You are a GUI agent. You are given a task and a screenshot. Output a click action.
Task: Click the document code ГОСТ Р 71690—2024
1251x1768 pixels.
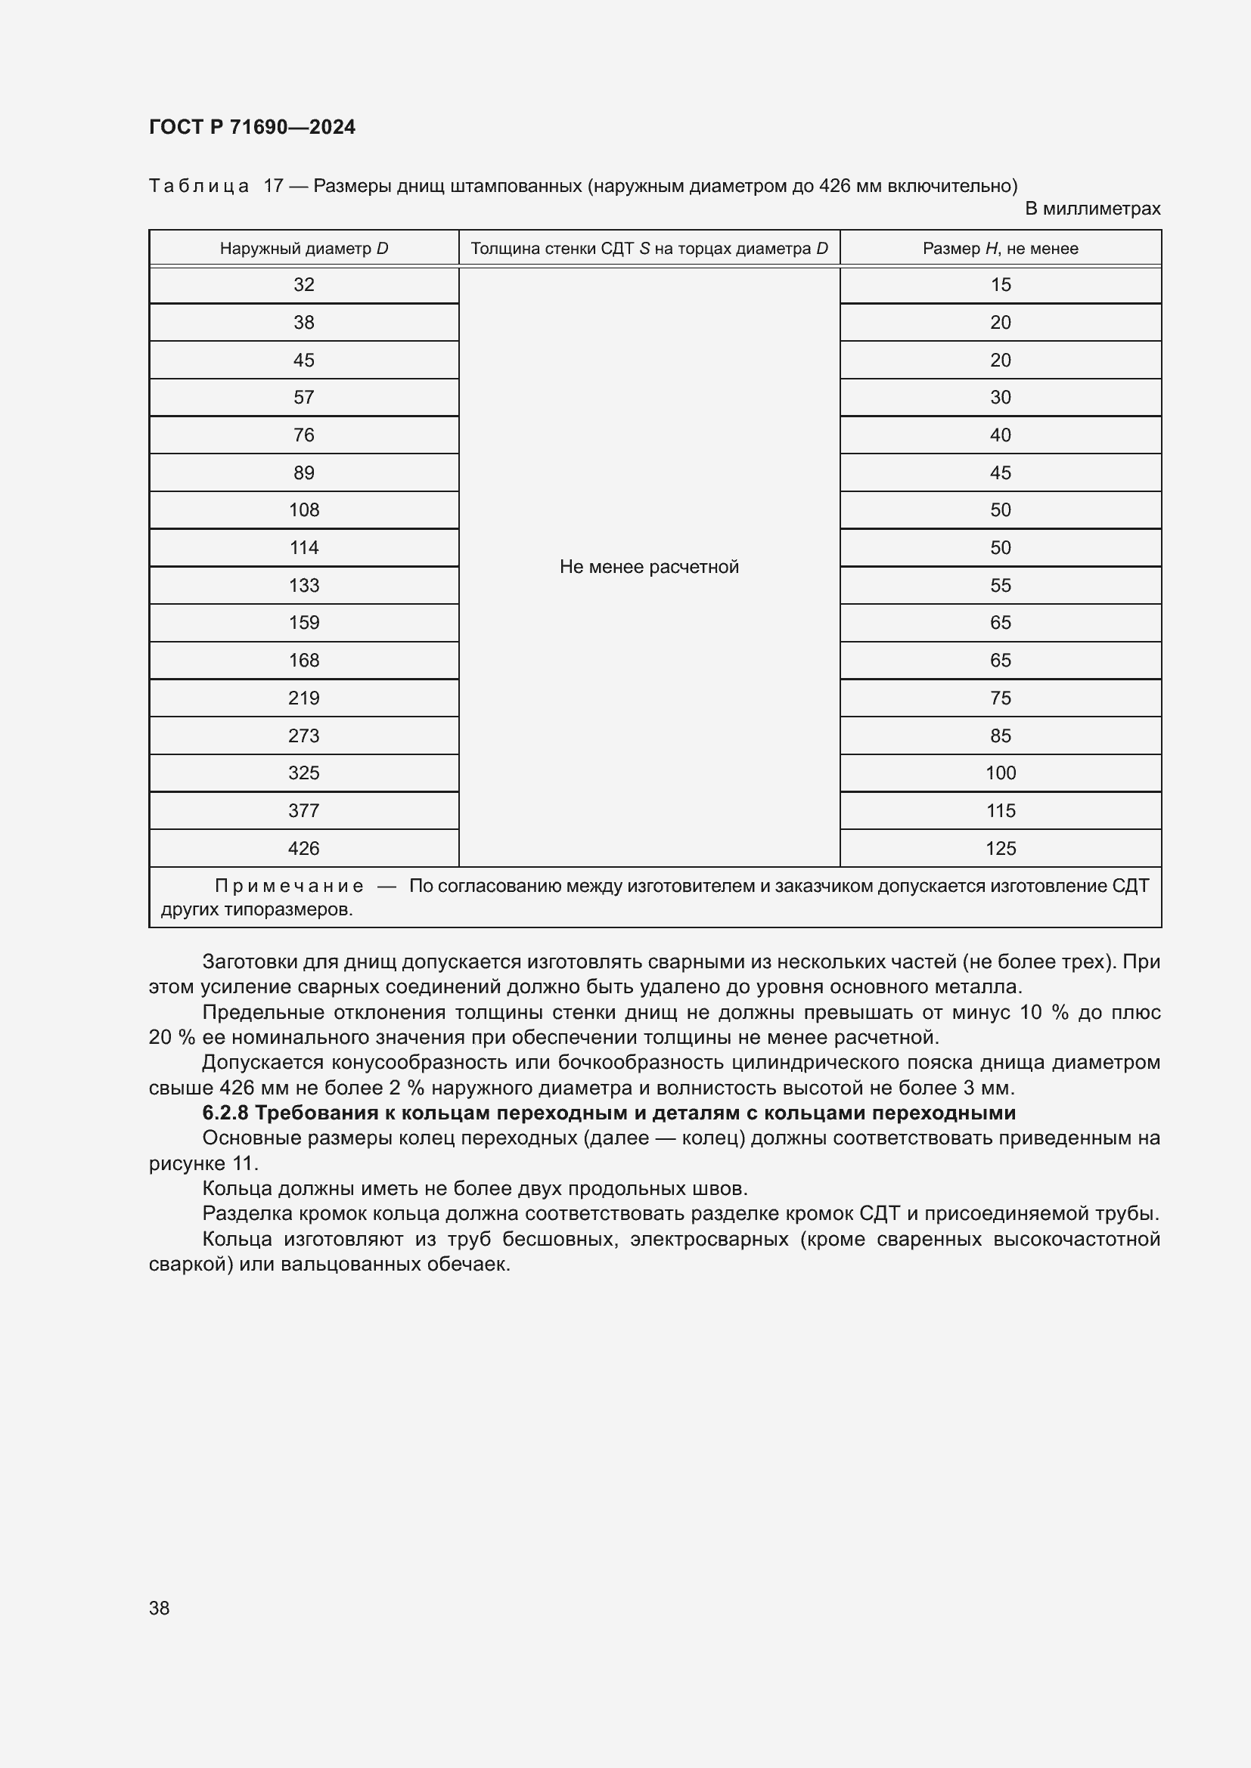pos(252,127)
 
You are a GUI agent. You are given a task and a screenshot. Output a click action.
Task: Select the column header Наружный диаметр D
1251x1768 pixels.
pos(303,249)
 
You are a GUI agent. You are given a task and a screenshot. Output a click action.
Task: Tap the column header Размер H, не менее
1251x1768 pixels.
pos(1000,249)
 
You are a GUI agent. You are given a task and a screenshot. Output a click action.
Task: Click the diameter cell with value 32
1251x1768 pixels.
pos(303,285)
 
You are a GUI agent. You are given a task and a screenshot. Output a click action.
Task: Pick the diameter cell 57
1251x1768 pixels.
pos(303,398)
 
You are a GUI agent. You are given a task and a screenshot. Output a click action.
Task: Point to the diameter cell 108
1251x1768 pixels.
pos(303,509)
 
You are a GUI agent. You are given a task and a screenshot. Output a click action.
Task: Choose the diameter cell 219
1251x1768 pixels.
pos(303,698)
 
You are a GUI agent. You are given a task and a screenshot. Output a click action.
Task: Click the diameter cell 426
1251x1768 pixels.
pos(303,849)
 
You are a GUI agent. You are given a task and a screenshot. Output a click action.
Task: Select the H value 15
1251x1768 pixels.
pos(1000,285)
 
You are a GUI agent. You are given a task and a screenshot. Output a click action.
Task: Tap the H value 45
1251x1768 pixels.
pos(1000,472)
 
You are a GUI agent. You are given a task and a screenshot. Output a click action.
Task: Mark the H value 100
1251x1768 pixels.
pos(1000,773)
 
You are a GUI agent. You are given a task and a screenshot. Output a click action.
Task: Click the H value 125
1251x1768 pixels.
pos(1000,849)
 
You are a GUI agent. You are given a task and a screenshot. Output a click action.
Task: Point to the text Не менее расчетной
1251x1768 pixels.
pos(649,567)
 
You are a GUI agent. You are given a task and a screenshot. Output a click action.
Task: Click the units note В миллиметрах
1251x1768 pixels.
pos(1091,209)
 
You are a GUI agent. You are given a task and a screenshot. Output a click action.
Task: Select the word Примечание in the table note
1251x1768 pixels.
pos(289,887)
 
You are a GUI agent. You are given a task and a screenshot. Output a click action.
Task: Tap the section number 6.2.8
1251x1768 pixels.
pos(225,1113)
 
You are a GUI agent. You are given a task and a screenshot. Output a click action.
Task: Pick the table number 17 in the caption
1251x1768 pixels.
pos(274,186)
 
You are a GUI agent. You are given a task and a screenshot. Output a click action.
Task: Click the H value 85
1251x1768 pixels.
pos(1000,735)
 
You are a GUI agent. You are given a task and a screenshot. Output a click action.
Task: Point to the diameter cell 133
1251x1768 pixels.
pos(303,585)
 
